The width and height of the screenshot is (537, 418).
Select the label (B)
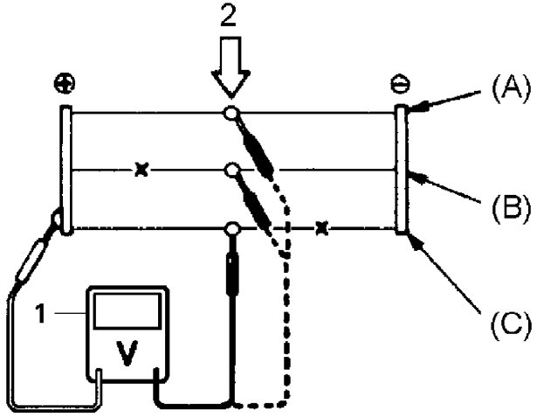click(504, 208)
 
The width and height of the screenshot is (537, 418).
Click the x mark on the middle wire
click(141, 170)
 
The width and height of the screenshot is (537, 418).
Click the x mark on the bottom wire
click(321, 229)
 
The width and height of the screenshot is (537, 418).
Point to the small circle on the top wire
click(231, 113)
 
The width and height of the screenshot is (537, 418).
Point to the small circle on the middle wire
click(231, 170)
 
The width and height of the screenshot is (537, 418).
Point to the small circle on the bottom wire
click(232, 229)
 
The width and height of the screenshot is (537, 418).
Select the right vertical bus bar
click(401, 170)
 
